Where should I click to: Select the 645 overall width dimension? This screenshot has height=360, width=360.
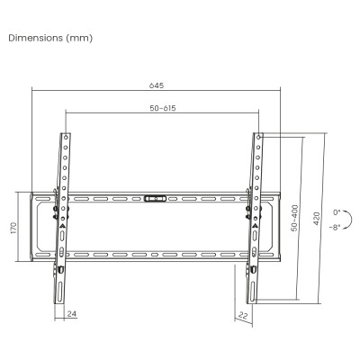click(x=157, y=85)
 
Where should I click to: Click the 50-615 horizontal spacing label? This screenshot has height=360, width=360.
click(x=163, y=108)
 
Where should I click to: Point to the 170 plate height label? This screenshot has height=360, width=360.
click(x=13, y=228)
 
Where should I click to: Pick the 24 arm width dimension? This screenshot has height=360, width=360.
click(x=72, y=314)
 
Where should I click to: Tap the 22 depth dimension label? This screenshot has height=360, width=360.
click(x=243, y=315)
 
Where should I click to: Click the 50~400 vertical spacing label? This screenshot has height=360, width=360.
click(x=295, y=218)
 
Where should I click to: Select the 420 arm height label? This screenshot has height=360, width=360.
click(x=317, y=219)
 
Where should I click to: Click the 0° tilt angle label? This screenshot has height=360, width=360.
click(x=337, y=212)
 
